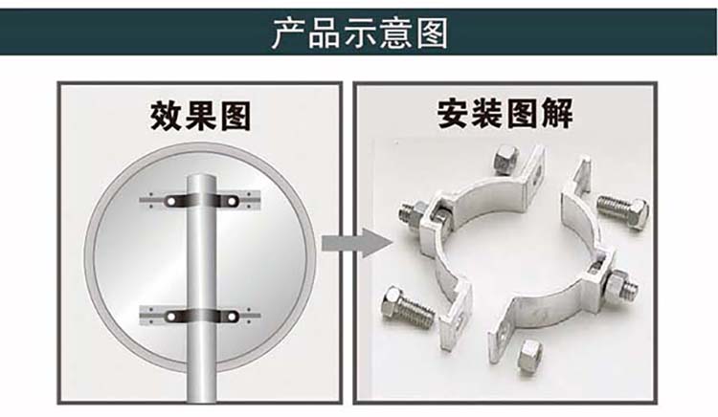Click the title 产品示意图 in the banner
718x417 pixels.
pyautogui.click(x=359, y=33)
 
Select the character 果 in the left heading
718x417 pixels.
pyautogui.click(x=200, y=116)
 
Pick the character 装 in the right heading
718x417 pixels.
pyautogui.click(x=488, y=114)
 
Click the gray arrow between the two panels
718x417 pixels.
pyautogui.click(x=357, y=243)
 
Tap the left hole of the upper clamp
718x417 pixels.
pyautogui.click(x=171, y=201)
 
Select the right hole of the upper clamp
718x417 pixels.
pyautogui.click(x=233, y=201)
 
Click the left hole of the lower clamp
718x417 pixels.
pyautogui.click(x=171, y=317)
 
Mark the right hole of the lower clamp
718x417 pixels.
pyautogui.click(x=233, y=317)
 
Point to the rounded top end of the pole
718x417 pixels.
pyautogui.click(x=202, y=178)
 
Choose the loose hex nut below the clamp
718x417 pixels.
pyautogui.click(x=530, y=356)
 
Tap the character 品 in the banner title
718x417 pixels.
pyautogui.click(x=325, y=33)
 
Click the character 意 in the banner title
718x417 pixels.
pyautogui.click(x=395, y=33)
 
